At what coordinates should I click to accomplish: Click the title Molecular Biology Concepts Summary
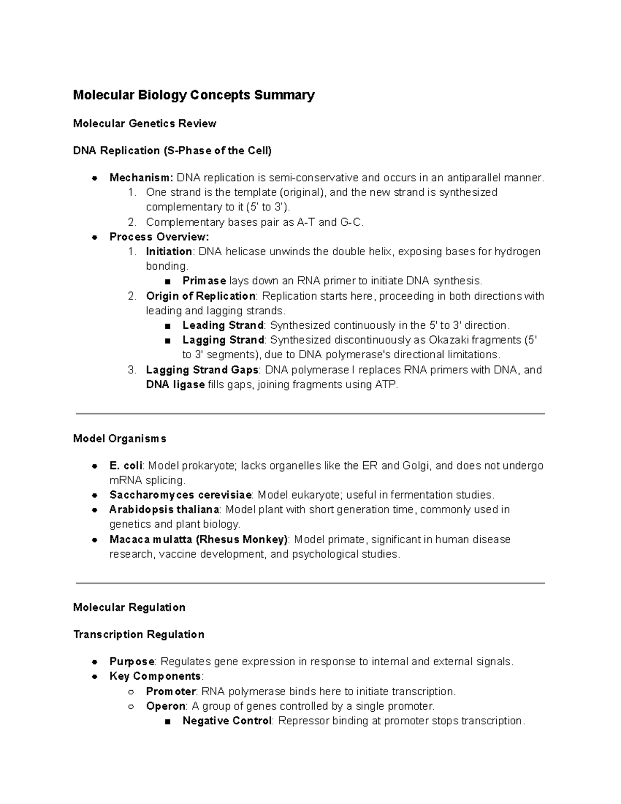tap(194, 95)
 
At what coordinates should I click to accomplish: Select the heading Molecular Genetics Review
tap(144, 123)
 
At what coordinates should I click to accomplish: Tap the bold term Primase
tap(204, 281)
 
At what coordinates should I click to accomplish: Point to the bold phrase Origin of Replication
tap(200, 296)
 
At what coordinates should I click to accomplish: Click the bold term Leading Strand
tap(223, 325)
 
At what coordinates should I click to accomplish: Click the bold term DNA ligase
tap(175, 385)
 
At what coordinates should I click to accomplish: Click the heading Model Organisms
tap(120, 438)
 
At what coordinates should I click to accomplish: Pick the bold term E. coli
tap(125, 465)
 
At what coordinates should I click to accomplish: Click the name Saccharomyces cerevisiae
tap(180, 495)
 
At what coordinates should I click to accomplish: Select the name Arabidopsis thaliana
tap(164, 509)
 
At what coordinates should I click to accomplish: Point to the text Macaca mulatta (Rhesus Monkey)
tap(199, 539)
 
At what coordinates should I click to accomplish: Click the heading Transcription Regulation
tap(139, 634)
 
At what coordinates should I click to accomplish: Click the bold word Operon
tap(166, 706)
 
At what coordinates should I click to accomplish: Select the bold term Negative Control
tap(227, 721)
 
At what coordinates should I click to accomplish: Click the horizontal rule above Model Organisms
tap(310, 414)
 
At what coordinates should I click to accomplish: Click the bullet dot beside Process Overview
tap(95, 237)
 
